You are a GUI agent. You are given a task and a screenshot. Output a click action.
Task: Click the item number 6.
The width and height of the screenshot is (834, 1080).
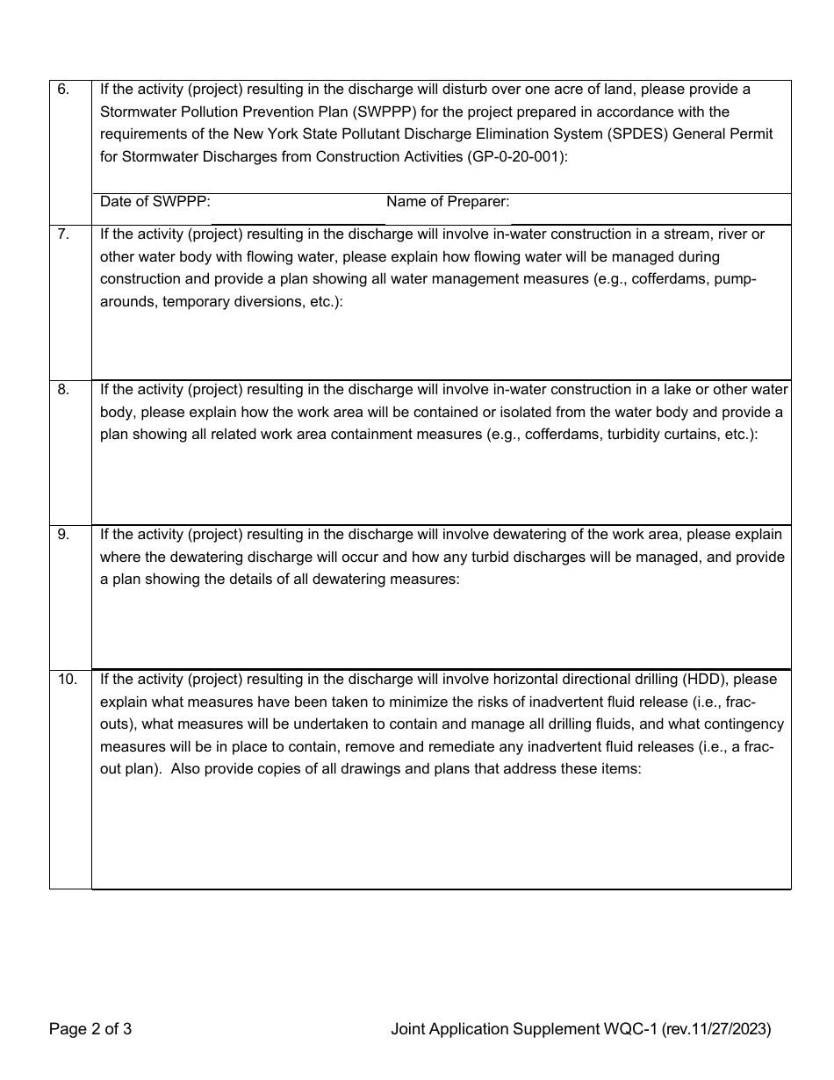62,90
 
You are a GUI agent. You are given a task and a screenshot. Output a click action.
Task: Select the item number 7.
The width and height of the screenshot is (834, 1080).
62,234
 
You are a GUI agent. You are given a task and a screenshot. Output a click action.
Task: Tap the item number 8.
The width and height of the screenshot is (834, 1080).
62,390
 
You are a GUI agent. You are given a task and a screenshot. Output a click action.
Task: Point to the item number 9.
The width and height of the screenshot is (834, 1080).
62,534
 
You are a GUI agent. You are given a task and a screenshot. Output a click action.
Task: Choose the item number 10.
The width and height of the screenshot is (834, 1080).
67,679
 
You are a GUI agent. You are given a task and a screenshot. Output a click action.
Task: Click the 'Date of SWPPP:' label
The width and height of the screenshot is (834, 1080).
155,202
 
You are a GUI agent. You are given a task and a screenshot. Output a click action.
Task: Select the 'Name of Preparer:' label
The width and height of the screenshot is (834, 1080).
448,202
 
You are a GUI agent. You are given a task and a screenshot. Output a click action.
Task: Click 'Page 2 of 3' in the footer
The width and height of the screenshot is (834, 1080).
90,1029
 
